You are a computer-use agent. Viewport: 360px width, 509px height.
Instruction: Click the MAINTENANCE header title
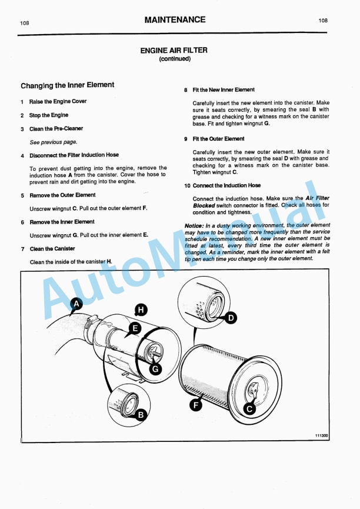175,20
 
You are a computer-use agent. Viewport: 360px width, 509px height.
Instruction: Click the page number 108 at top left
25,23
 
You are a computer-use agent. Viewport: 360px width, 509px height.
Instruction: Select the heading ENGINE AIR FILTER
174,51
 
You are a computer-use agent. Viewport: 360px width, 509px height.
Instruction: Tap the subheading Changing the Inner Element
67,85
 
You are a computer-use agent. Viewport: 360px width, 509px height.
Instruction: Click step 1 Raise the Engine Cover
58,101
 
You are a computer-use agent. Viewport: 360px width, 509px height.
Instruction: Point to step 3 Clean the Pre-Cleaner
56,128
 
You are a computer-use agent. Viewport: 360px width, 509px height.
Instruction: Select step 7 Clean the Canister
52,249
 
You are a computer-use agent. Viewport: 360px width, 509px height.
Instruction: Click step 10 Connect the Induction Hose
226,185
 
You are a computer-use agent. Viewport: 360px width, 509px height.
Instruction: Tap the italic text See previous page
53,142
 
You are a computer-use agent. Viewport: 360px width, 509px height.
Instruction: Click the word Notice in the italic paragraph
194,225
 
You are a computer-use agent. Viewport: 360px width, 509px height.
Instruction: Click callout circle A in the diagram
75,304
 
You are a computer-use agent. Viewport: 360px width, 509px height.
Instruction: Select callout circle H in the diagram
141,309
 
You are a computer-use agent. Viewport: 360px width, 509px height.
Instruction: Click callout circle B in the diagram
141,414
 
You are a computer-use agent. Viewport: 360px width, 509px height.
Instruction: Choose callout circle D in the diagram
231,318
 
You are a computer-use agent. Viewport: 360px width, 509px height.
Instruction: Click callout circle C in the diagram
249,408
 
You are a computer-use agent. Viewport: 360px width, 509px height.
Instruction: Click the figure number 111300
321,436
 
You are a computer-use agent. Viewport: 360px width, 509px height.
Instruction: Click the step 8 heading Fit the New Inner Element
223,90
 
